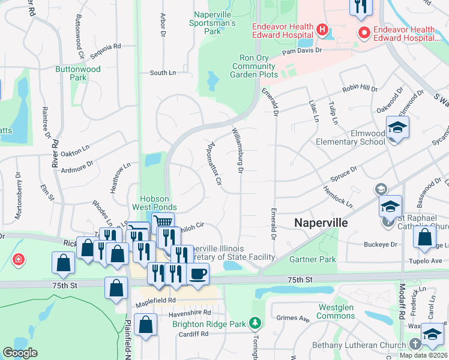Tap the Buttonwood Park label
click(x=78, y=73)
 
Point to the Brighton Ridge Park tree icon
click(x=256, y=323)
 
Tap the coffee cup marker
click(x=197, y=274)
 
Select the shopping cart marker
click(x=163, y=223)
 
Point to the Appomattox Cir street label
click(x=215, y=163)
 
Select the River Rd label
click(x=55, y=152)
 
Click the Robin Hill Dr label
click(x=360, y=89)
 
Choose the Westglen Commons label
click(x=336, y=312)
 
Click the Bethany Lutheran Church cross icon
click(x=415, y=344)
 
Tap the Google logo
click(x=20, y=353)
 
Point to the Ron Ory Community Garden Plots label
click(x=254, y=66)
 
